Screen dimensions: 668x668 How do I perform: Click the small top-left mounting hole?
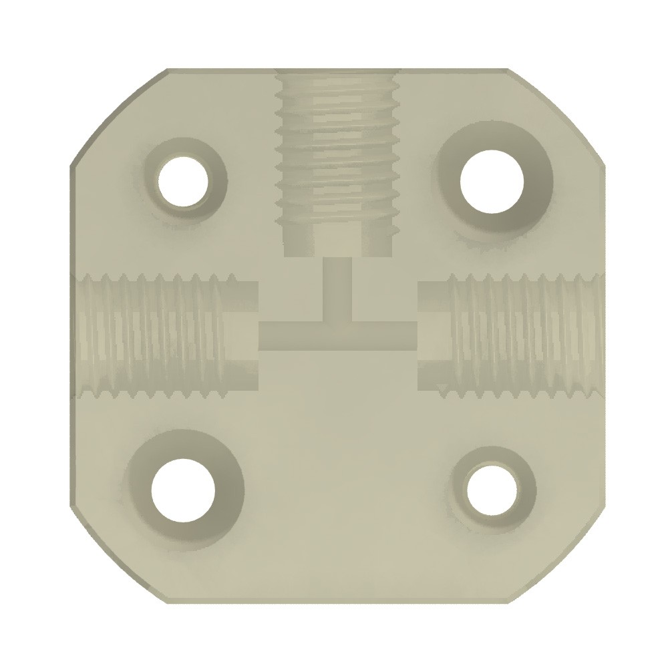[x=182, y=180]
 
